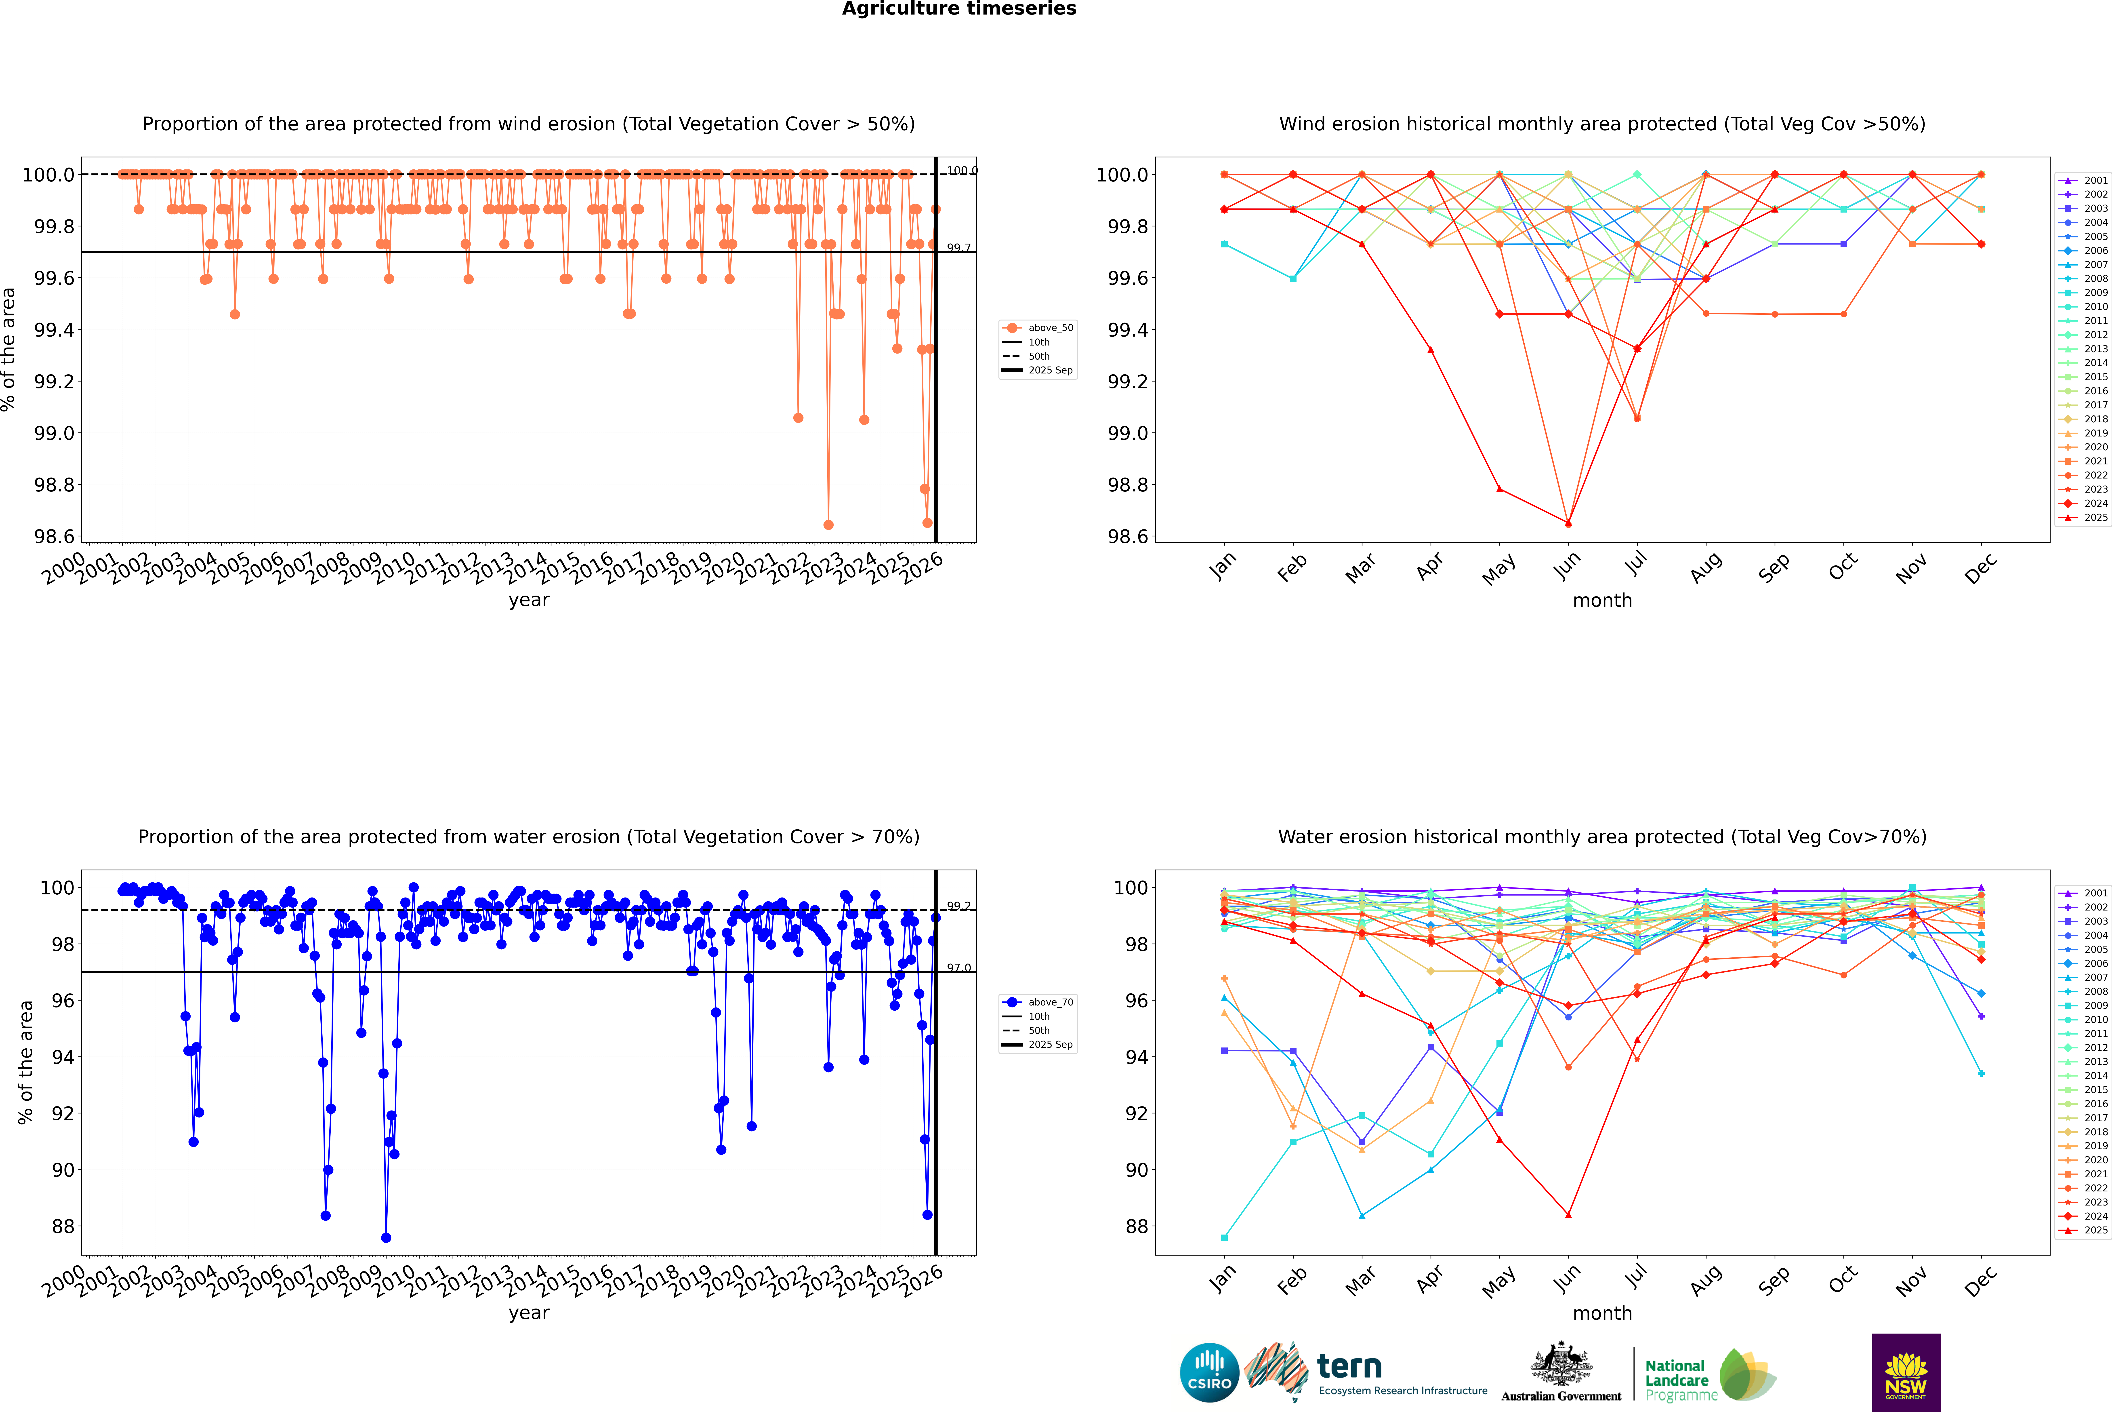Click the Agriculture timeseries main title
(959, 9)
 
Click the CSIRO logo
(1209, 1372)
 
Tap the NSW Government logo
(1906, 1372)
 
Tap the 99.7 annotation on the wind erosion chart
(959, 248)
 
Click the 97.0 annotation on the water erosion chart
(959, 968)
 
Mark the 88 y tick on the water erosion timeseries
(63, 1227)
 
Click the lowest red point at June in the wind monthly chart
(1568, 523)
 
